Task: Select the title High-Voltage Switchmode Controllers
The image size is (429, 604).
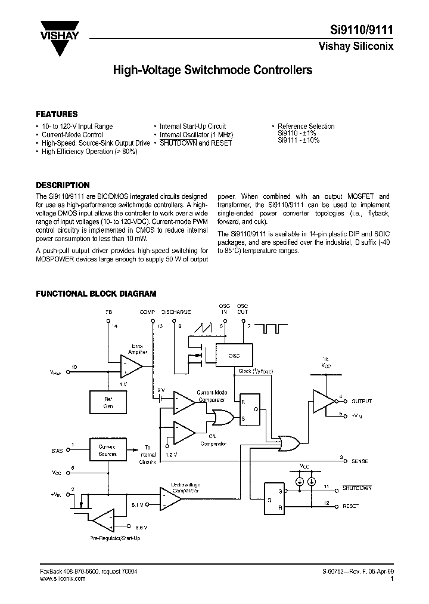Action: tap(213, 70)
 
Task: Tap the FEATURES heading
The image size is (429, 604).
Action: tap(57, 114)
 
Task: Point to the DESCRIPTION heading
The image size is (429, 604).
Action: tap(63, 185)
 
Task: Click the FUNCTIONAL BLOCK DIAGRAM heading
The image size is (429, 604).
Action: tap(96, 294)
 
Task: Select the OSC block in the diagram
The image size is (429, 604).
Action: tap(234, 356)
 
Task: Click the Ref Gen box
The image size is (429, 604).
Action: tap(108, 402)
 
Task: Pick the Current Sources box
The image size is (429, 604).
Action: tap(108, 450)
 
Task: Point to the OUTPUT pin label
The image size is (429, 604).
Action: tap(361, 401)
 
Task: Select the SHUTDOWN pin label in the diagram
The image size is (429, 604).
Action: tap(357, 488)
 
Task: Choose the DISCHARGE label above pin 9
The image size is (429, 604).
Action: tap(176, 312)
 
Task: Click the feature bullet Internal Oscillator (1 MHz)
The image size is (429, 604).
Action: tap(197, 135)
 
